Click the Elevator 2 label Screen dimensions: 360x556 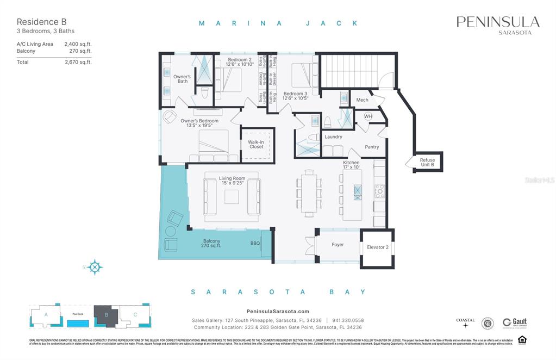point(377,248)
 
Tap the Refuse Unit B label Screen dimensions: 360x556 point(427,163)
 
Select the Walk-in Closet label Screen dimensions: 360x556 point(257,145)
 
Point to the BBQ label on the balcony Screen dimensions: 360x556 point(255,244)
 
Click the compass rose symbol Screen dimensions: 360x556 point(95,267)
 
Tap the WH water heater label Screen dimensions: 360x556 point(368,116)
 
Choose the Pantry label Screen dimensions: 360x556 point(372,147)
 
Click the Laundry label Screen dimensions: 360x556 point(333,137)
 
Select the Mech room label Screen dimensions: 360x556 point(362,100)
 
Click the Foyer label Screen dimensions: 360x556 point(338,245)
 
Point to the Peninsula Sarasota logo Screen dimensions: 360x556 point(498,24)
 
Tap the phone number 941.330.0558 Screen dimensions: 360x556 point(348,320)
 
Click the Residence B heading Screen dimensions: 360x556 point(38,22)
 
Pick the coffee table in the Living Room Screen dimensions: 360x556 point(232,196)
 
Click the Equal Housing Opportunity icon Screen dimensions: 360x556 point(522,340)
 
